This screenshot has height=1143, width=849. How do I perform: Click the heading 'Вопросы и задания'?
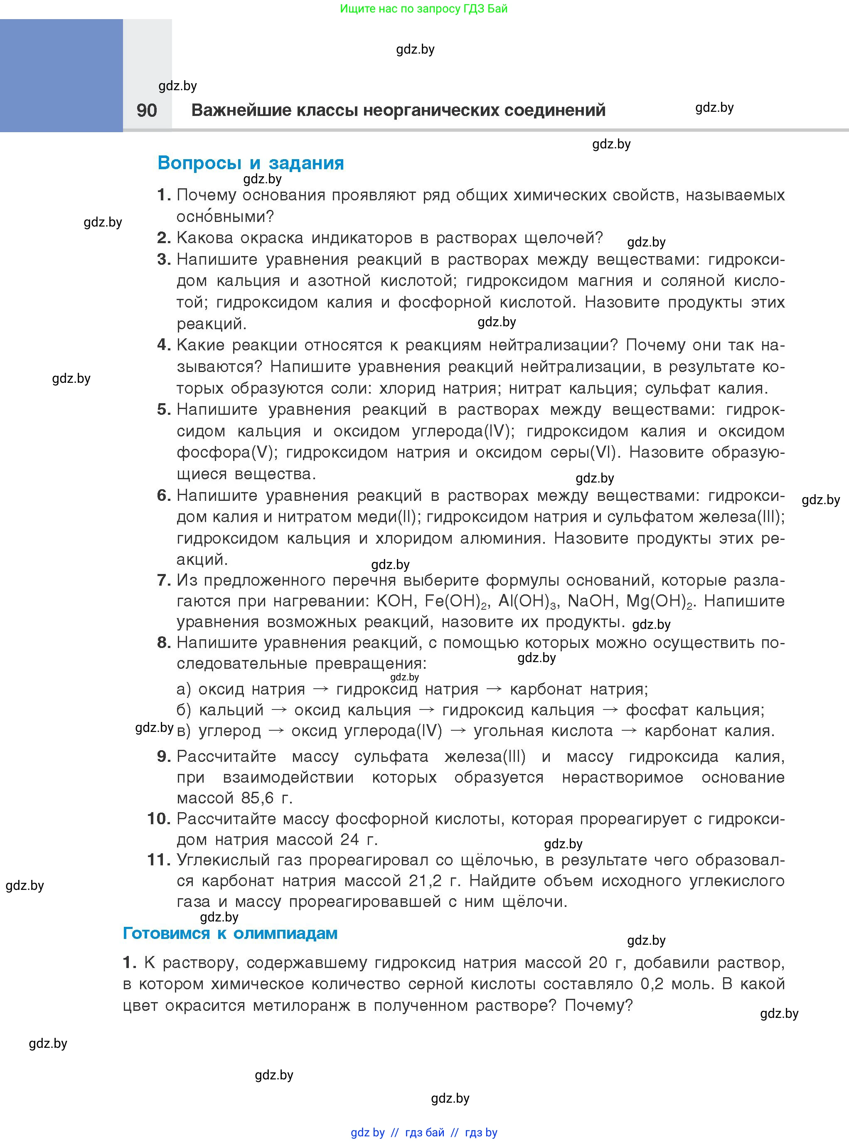click(251, 163)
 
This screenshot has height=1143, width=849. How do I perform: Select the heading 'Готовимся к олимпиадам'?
click(230, 933)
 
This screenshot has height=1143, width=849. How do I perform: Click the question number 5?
click(163, 409)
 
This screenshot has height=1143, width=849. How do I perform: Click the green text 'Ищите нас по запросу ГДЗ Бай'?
click(424, 9)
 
